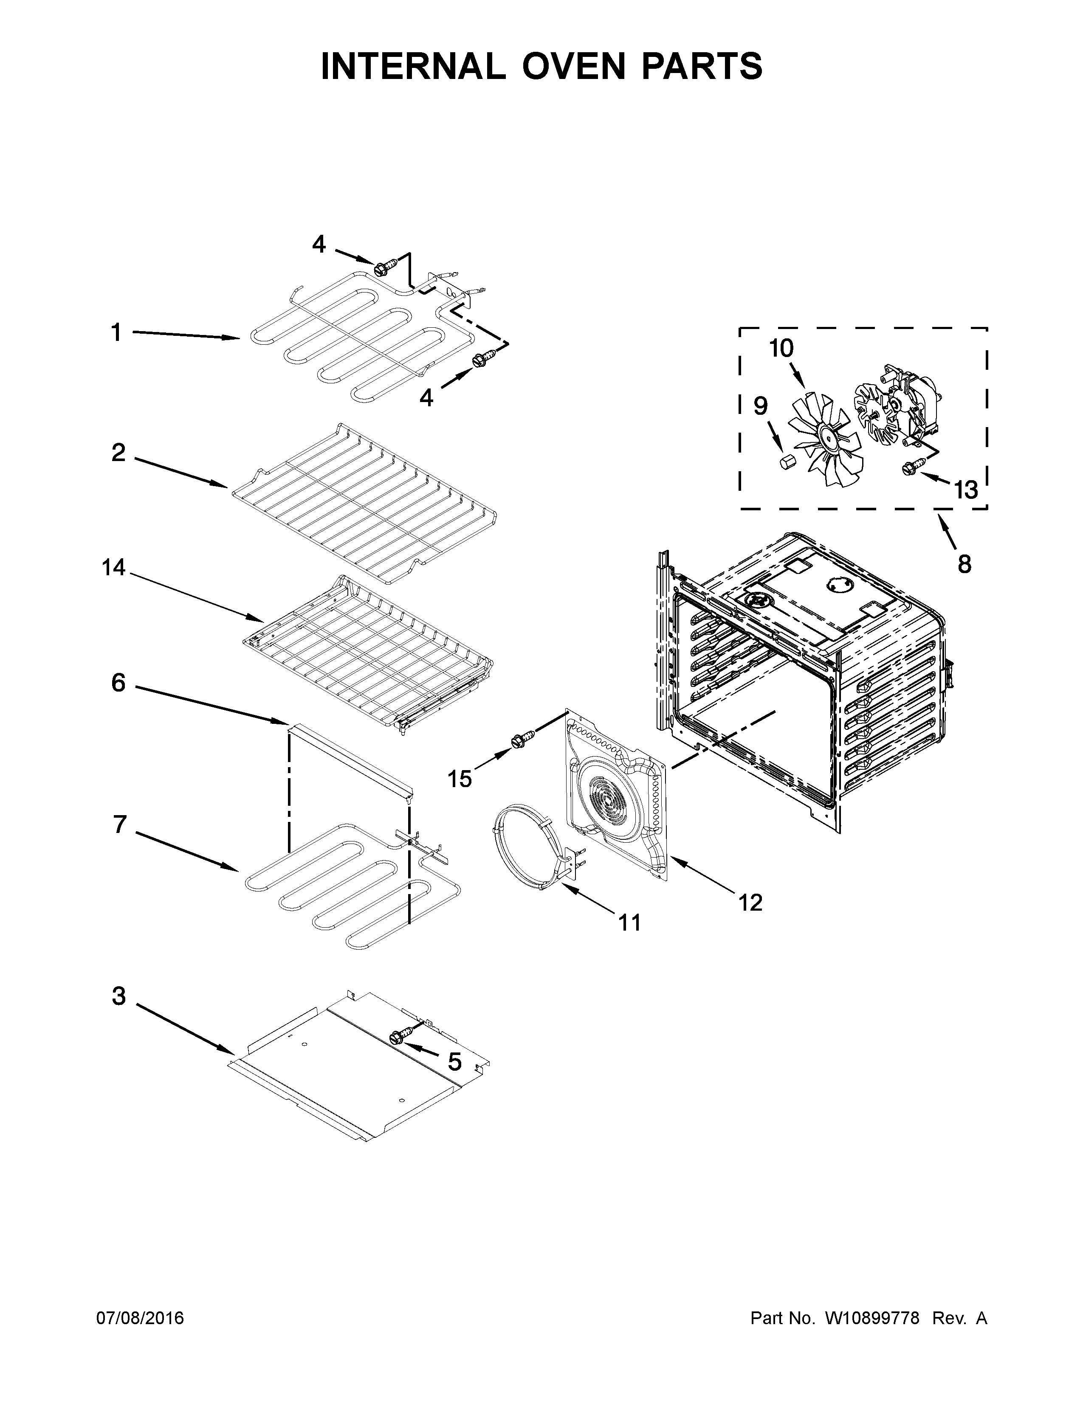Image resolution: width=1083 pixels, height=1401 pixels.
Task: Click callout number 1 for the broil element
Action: click(116, 333)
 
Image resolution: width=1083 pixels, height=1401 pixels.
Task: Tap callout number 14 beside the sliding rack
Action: click(113, 567)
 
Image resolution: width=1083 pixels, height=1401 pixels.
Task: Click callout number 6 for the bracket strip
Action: click(118, 683)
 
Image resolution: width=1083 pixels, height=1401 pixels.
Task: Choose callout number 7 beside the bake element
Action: click(119, 825)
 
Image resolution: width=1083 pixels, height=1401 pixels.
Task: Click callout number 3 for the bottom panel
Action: click(118, 996)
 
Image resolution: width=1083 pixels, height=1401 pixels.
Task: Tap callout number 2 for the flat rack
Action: click(118, 453)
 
